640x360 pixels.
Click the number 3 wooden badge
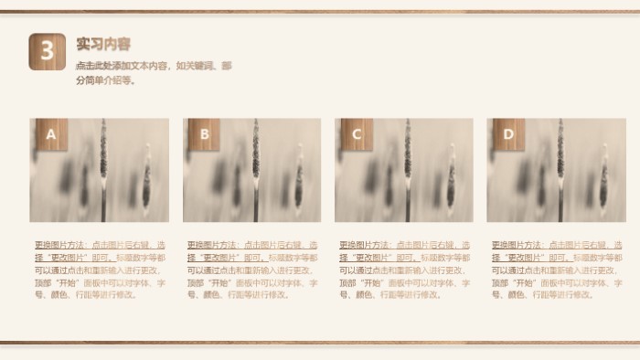pyautogui.click(x=48, y=51)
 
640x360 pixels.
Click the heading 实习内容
pyautogui.click(x=103, y=44)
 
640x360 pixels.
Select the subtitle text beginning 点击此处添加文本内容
pyautogui.click(x=154, y=73)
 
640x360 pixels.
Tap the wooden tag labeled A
pyautogui.click(x=51, y=135)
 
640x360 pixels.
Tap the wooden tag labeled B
pyautogui.click(x=204, y=135)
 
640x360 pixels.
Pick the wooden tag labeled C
pyautogui.click(x=357, y=135)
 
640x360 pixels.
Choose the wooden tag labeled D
pyautogui.click(x=508, y=135)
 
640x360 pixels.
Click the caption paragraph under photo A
pyautogui.click(x=100, y=270)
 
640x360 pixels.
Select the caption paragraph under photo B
pyautogui.click(x=252, y=270)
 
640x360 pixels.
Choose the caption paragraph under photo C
pyautogui.click(x=405, y=270)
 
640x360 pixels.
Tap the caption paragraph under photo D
pyautogui.click(x=557, y=270)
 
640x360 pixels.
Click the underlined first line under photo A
pyautogui.click(x=100, y=246)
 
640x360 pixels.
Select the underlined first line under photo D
pyautogui.click(x=557, y=246)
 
